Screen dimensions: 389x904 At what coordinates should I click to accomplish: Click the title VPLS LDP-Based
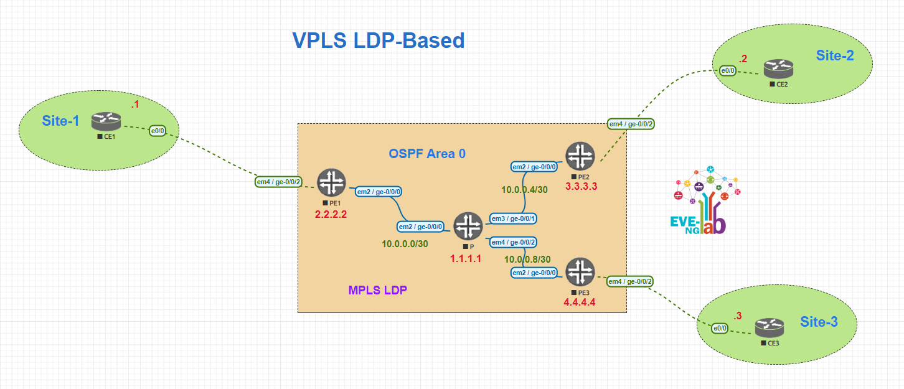[x=379, y=40]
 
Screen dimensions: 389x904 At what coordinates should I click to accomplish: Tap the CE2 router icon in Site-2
[x=778, y=68]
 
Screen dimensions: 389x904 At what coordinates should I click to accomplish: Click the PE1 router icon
[x=331, y=183]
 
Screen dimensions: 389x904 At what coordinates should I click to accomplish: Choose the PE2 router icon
[x=580, y=156]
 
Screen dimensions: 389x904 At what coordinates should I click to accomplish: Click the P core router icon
[x=468, y=227]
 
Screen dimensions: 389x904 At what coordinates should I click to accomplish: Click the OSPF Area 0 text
[x=427, y=154]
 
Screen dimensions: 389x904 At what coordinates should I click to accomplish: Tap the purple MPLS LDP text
[x=377, y=290]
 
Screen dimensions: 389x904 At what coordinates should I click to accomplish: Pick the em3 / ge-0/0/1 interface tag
[x=514, y=218]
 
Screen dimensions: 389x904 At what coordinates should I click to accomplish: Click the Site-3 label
[x=819, y=322]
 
